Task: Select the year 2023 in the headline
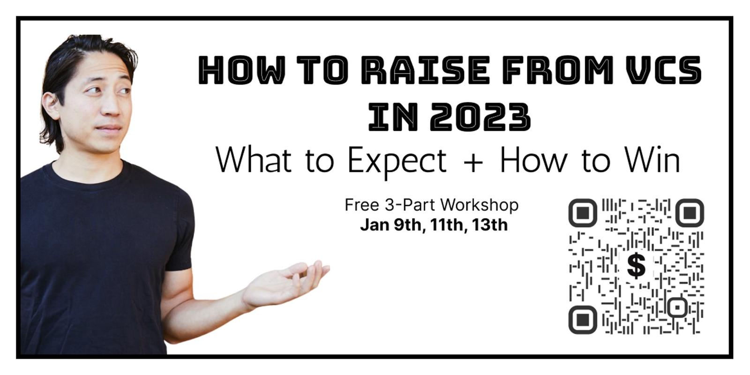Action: (x=480, y=117)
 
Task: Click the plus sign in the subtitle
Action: (x=473, y=162)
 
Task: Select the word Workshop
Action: (x=479, y=205)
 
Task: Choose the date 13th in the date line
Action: (x=489, y=225)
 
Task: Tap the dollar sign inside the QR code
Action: (x=636, y=266)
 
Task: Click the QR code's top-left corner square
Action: (x=583, y=213)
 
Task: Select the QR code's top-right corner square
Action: (x=690, y=213)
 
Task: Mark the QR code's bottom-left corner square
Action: (x=583, y=320)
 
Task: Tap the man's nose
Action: (x=112, y=107)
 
